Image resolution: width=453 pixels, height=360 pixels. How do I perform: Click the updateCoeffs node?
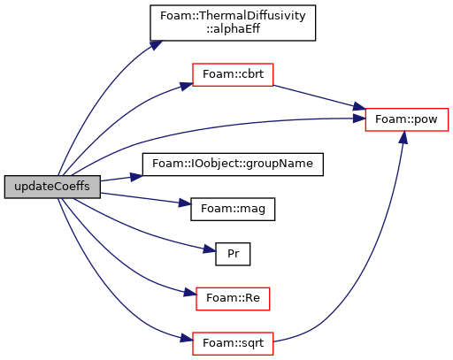(52, 187)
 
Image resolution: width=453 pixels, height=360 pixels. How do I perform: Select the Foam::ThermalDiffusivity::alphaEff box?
(233, 23)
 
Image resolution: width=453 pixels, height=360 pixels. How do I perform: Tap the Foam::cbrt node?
(233, 74)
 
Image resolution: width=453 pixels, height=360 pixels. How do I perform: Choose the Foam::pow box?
(407, 119)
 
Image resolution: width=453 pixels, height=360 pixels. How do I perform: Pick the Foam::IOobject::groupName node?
(233, 165)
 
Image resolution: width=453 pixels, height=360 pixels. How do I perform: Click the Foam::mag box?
(233, 209)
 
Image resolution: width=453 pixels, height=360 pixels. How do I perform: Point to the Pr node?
(233, 254)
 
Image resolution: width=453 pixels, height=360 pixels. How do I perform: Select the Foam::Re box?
(233, 299)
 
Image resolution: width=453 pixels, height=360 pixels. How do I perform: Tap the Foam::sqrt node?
(233, 343)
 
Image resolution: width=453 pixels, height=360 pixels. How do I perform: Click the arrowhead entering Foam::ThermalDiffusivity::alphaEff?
(156, 45)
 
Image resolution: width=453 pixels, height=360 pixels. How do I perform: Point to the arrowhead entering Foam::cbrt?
(187, 86)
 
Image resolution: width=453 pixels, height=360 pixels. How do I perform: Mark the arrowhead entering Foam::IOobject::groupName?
(136, 177)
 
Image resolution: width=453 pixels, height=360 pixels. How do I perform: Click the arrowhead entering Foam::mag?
(185, 203)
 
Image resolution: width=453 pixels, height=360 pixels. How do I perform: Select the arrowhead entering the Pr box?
(210, 249)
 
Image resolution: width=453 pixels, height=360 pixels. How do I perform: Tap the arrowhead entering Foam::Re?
(190, 293)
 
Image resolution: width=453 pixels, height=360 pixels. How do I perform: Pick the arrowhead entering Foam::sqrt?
(187, 338)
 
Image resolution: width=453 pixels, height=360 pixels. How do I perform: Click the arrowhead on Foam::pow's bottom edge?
(403, 137)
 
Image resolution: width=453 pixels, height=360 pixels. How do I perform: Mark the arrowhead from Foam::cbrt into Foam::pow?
(359, 107)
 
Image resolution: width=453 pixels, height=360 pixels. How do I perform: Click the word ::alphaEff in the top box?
(233, 29)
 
